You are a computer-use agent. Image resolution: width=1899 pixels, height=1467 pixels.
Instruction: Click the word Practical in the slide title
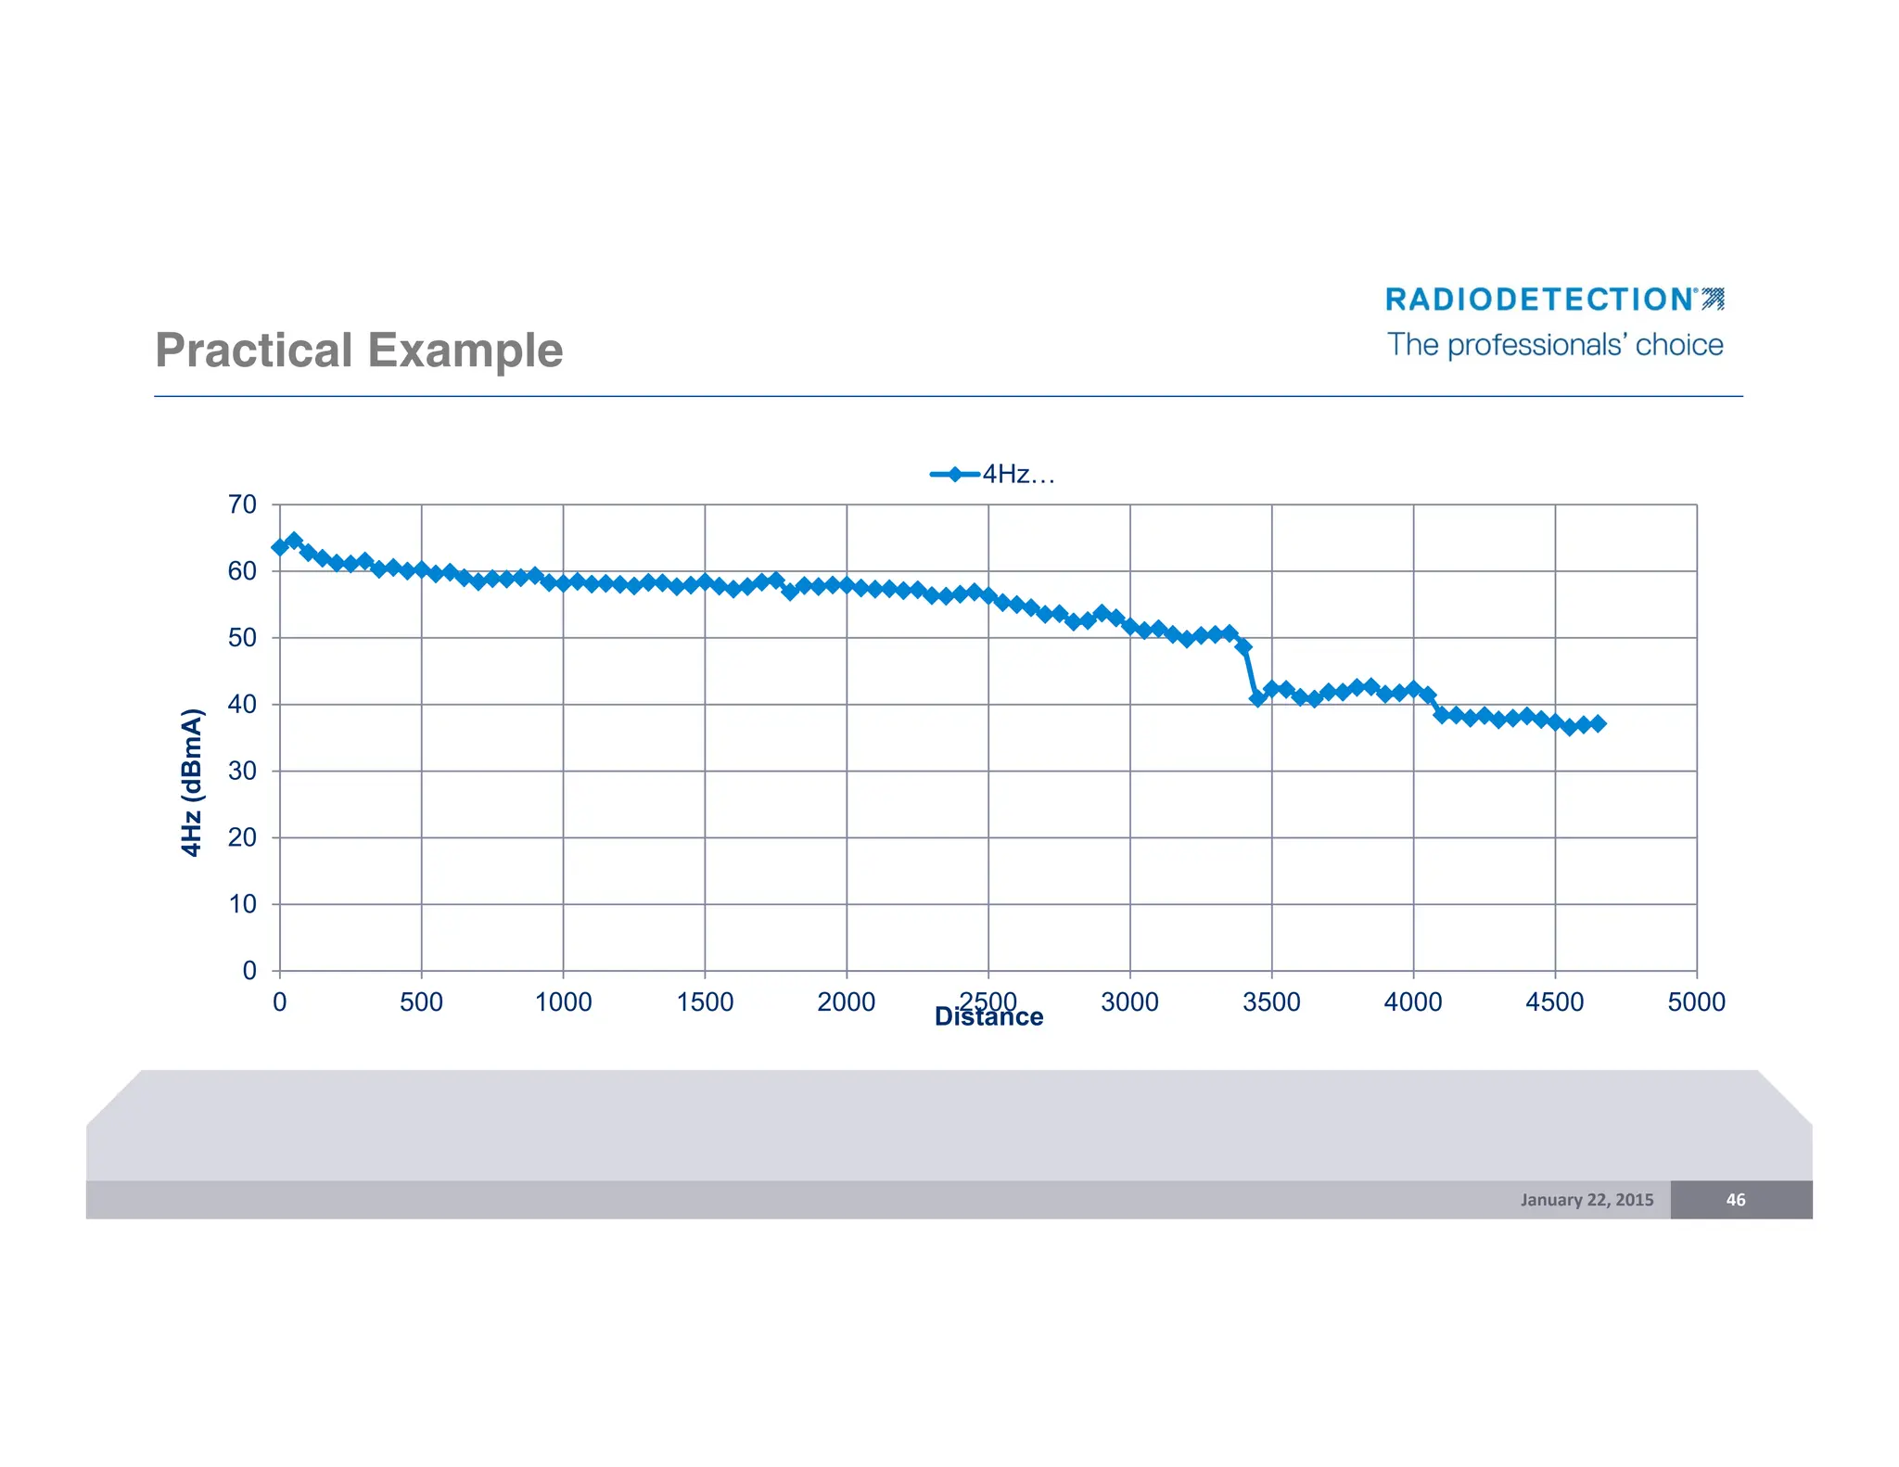point(253,351)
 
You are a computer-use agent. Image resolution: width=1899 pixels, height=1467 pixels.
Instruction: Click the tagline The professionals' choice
point(1555,345)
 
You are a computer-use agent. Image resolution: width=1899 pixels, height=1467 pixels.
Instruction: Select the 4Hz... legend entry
point(992,475)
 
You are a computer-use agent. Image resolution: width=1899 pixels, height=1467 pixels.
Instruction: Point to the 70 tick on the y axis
point(243,504)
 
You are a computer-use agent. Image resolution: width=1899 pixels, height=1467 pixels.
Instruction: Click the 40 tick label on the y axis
point(243,705)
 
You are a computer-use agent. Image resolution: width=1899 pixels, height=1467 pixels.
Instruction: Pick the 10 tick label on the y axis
point(243,904)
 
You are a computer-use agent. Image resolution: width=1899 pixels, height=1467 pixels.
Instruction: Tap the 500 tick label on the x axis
point(421,1002)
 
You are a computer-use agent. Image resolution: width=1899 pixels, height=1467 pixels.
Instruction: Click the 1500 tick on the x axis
point(705,1002)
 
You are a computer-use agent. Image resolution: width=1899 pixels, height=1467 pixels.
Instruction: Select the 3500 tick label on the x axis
point(1271,1002)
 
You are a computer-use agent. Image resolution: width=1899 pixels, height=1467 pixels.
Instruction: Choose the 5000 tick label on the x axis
point(1696,1002)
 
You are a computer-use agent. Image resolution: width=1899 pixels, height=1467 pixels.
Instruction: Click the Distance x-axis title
point(988,1018)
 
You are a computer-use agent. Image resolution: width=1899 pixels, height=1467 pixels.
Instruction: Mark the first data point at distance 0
point(280,547)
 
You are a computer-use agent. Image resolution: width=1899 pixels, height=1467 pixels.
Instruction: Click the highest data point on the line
point(294,540)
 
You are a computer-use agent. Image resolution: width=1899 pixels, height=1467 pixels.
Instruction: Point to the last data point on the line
point(1598,723)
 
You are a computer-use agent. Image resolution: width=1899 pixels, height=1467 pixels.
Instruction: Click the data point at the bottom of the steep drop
point(1257,698)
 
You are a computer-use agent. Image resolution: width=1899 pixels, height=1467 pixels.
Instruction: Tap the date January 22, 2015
point(1587,1200)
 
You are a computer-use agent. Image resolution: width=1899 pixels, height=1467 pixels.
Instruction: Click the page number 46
point(1735,1200)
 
